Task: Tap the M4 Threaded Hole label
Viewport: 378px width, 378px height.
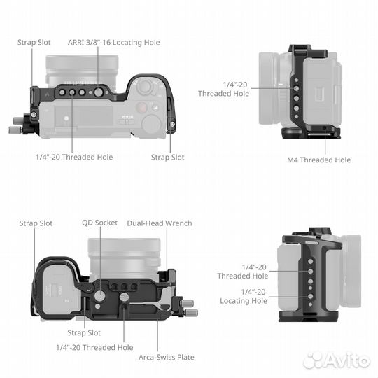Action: (318, 160)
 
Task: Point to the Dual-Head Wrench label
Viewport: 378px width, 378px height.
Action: (159, 223)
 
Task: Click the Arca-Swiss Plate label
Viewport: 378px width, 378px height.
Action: (166, 357)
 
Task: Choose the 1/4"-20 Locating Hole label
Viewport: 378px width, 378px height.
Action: (243, 296)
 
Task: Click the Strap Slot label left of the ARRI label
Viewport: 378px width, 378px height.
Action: (34, 43)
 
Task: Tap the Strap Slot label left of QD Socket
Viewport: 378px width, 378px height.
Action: (36, 223)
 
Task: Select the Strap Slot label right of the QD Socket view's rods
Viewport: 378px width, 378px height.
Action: (84, 332)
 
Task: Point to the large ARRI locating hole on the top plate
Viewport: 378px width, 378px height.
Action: (98, 91)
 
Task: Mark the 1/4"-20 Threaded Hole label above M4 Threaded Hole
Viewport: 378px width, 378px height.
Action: (223, 89)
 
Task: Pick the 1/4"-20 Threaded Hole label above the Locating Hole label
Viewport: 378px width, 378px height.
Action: (243, 272)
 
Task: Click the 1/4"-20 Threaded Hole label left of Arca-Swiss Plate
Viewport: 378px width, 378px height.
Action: (94, 347)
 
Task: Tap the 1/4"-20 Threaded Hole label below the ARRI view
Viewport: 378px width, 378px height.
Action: (74, 157)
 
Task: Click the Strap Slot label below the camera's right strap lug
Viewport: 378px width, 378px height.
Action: (167, 157)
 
